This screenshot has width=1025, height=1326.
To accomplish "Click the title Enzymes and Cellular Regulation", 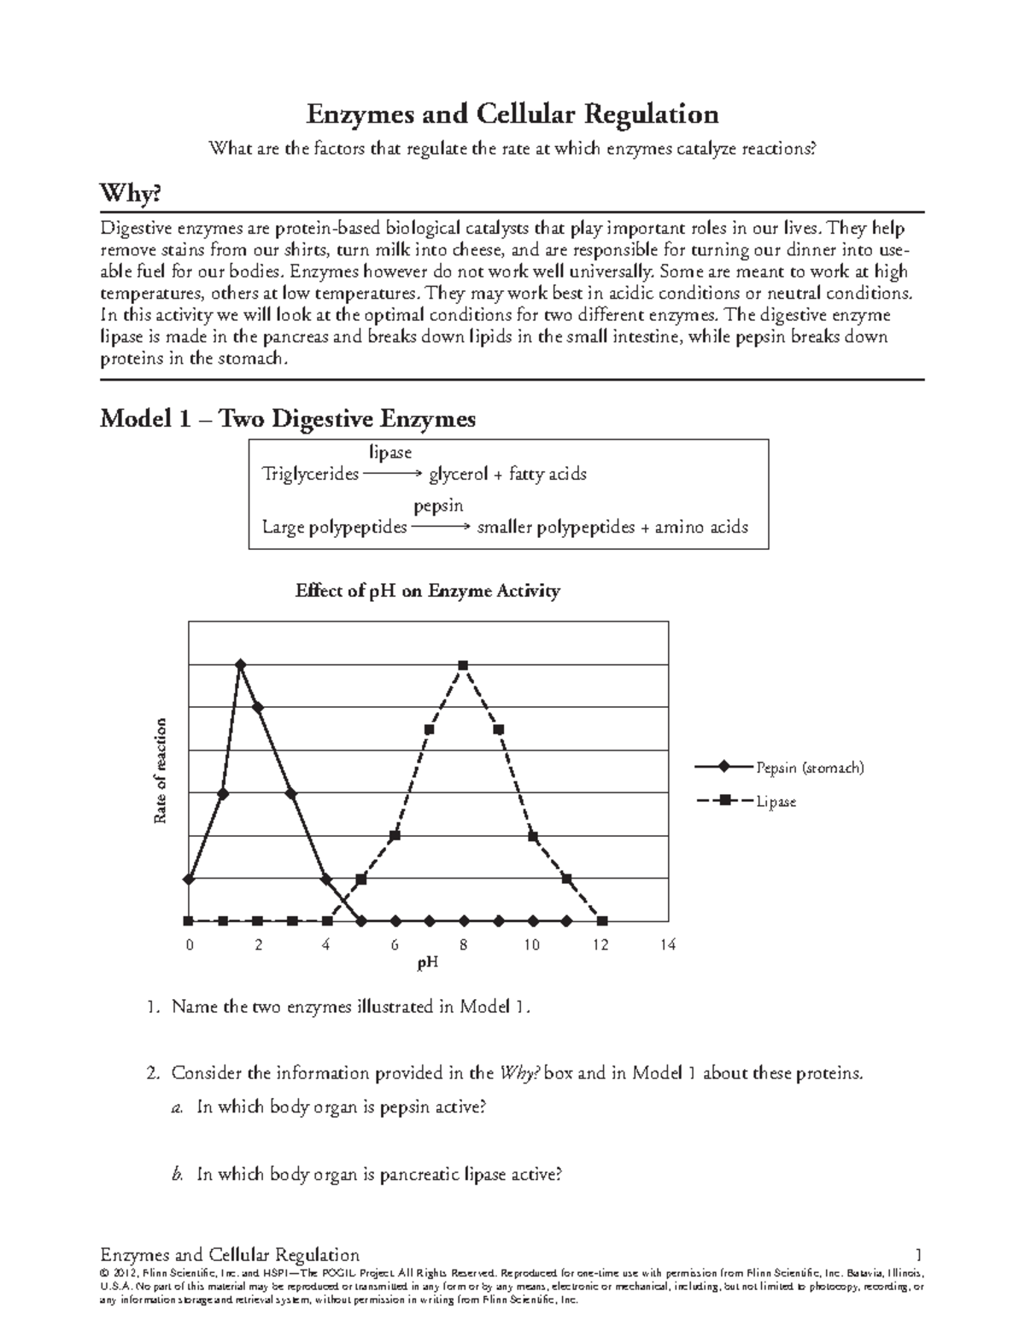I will tap(512, 114).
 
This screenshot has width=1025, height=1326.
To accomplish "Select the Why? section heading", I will tap(131, 195).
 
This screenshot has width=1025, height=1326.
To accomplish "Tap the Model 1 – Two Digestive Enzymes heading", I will tap(288, 419).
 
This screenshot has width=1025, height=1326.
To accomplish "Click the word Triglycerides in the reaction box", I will tap(310, 474).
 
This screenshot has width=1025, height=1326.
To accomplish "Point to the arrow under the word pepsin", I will tap(441, 528).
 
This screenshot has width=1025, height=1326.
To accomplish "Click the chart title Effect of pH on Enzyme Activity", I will tap(427, 591).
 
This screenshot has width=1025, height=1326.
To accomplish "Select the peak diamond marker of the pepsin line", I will tap(240, 664).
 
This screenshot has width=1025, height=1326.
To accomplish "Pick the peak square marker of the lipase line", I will tap(464, 664).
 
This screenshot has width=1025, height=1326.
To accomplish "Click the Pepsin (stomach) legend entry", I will tap(809, 768).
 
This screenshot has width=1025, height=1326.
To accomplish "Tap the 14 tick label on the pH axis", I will tap(667, 945).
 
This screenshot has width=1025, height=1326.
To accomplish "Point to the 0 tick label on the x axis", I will tap(190, 945).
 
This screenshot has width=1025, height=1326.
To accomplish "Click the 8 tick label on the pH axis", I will tap(463, 945).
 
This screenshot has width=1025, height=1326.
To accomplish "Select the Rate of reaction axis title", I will tap(160, 772).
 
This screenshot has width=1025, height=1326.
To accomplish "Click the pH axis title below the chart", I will tap(427, 964).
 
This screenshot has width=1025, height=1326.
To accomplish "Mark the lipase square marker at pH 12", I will tap(601, 920).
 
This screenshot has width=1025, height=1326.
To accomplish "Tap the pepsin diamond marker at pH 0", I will tap(189, 879).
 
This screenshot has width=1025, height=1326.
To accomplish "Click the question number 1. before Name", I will tap(151, 1008).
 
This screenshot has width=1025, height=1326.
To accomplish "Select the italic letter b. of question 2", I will tap(177, 1175).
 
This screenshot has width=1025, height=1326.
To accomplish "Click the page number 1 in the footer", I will tap(918, 1255).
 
